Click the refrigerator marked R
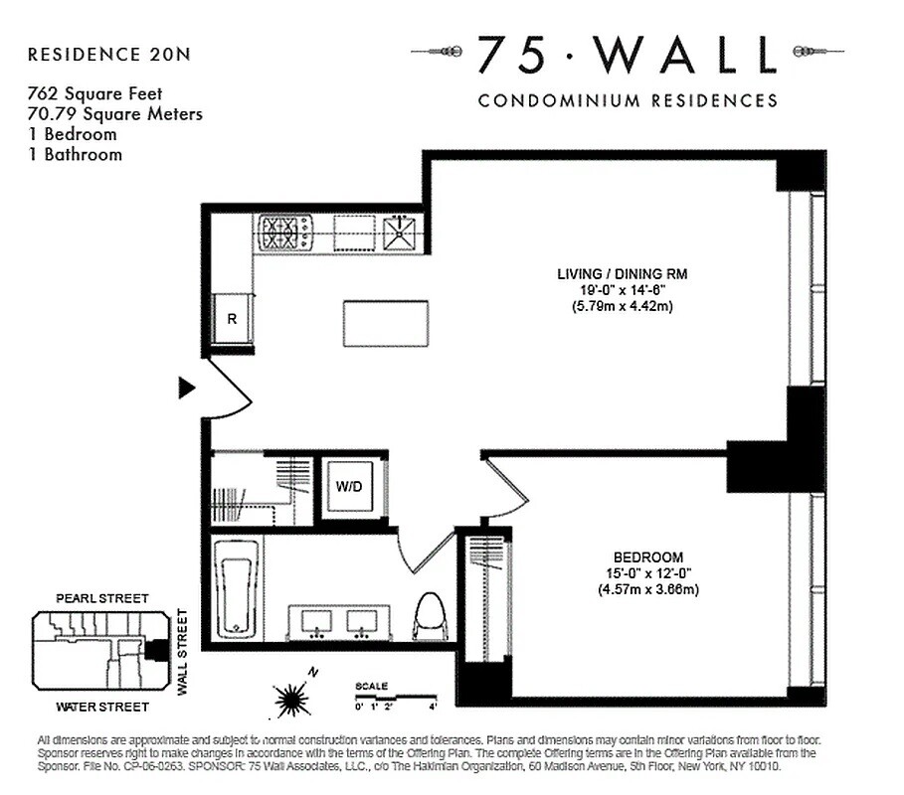point(232,320)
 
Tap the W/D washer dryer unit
point(347,488)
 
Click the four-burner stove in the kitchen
point(285,233)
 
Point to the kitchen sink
point(402,233)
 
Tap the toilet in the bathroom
point(430,616)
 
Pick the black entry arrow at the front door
point(186,387)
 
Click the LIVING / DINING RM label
point(622,272)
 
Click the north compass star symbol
point(291,700)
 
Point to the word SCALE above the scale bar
point(372,686)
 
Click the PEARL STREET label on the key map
point(101,598)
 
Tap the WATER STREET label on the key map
point(101,707)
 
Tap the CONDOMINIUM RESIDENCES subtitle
point(628,100)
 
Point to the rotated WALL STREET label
point(182,651)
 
